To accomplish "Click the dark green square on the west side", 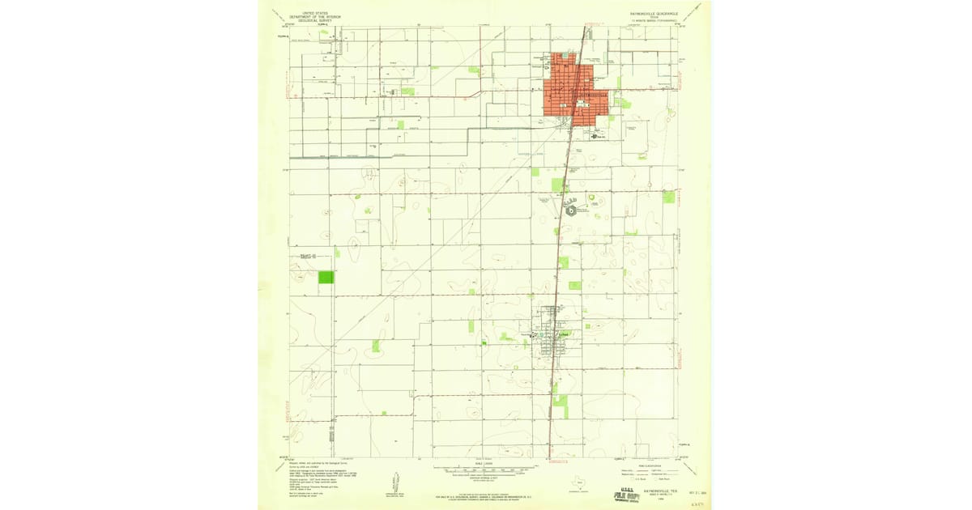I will [326, 277].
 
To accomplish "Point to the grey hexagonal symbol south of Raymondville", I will [571, 210].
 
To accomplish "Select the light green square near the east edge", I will [668, 197].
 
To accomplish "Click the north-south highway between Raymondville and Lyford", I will [557, 259].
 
